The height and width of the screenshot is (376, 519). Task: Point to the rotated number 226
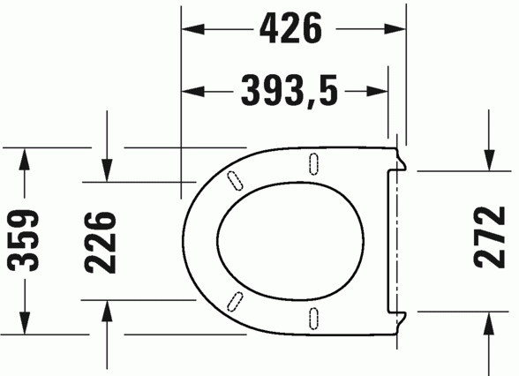(102, 242)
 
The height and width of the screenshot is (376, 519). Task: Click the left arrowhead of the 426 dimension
(191, 29)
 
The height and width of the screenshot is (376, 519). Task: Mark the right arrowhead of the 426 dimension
(397, 29)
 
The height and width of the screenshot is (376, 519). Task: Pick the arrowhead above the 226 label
(106, 171)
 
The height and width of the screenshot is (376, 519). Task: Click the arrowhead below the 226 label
(106, 310)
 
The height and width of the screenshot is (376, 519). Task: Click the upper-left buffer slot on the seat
(235, 178)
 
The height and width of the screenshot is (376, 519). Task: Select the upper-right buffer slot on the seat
(313, 162)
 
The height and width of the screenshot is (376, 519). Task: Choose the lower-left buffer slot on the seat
(235, 300)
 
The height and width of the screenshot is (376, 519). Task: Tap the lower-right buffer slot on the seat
(313, 317)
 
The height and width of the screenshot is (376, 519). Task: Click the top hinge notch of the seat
(400, 161)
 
